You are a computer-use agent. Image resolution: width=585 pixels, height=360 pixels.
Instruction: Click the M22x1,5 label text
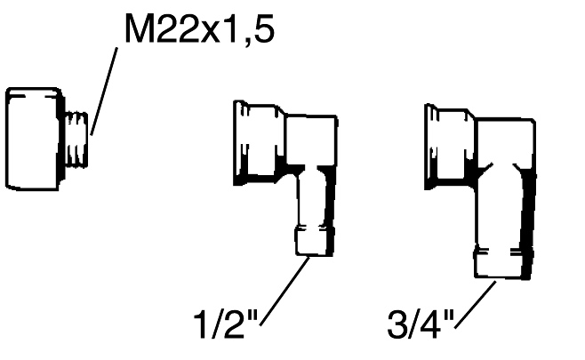click(x=200, y=30)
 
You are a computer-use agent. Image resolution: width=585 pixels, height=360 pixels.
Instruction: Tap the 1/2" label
click(x=226, y=325)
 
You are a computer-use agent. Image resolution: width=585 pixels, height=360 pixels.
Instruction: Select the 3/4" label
click(x=421, y=325)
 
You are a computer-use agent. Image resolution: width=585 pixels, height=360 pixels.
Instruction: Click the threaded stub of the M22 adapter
click(x=76, y=140)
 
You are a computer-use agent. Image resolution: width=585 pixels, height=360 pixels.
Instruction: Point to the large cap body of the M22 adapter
click(x=35, y=139)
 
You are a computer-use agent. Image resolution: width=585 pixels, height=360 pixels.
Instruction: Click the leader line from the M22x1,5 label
click(x=104, y=92)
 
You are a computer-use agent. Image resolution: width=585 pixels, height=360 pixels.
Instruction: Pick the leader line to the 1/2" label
click(x=285, y=291)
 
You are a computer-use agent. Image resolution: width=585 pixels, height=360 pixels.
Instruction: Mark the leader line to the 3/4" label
click(x=476, y=305)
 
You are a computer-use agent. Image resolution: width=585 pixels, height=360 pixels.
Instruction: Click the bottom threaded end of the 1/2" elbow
click(x=314, y=241)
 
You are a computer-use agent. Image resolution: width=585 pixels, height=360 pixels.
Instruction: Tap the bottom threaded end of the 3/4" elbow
click(x=503, y=262)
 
